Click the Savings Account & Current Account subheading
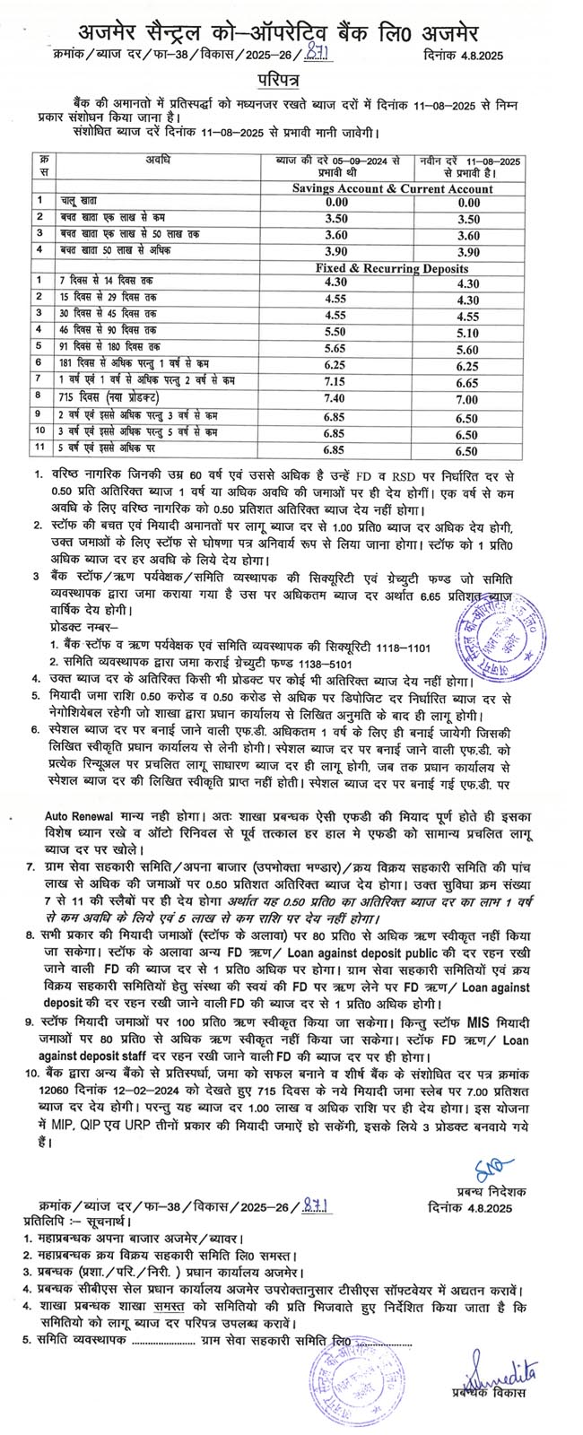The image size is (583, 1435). (x=392, y=189)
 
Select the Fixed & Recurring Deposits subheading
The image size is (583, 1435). (x=392, y=267)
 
